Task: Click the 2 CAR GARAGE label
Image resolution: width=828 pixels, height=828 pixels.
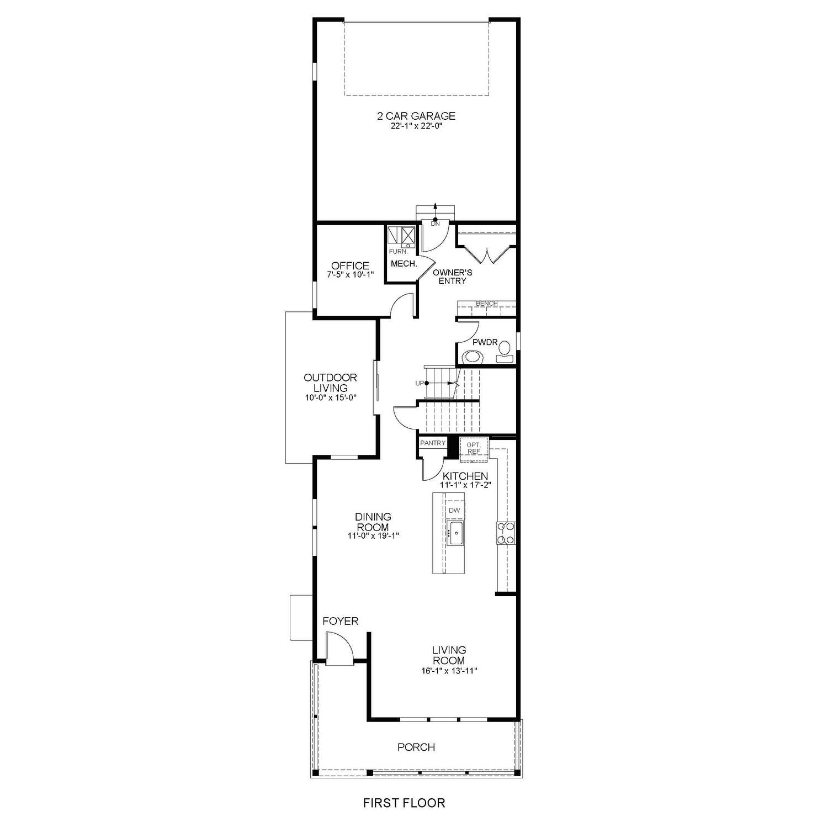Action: click(416, 116)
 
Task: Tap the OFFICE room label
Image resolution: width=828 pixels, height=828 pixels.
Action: click(350, 266)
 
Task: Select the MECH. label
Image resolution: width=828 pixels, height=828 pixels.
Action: click(404, 264)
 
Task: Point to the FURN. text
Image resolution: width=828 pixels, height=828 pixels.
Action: click(398, 252)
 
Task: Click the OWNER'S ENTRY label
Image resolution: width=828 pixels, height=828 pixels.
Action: click(452, 277)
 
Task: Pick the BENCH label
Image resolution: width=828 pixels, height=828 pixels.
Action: click(486, 304)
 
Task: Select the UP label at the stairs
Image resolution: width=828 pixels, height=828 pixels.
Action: click(420, 383)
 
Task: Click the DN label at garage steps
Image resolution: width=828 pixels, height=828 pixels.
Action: click(435, 224)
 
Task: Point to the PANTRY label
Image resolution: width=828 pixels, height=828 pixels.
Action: click(432, 443)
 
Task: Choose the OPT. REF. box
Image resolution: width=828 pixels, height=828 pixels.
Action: click(474, 448)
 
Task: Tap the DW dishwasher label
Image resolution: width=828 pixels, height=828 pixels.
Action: click(454, 511)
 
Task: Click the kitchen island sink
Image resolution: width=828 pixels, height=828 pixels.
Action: click(455, 534)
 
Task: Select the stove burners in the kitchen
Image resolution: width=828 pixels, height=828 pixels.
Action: click(506, 533)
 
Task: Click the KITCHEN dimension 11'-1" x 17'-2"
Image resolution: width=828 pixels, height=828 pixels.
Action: click(465, 485)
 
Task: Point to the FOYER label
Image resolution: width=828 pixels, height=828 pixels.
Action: click(340, 621)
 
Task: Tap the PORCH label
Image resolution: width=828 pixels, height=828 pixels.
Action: click(416, 747)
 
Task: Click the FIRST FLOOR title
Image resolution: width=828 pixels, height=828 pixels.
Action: click(404, 803)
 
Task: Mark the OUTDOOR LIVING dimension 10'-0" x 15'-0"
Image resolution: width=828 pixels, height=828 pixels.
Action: click(330, 397)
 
